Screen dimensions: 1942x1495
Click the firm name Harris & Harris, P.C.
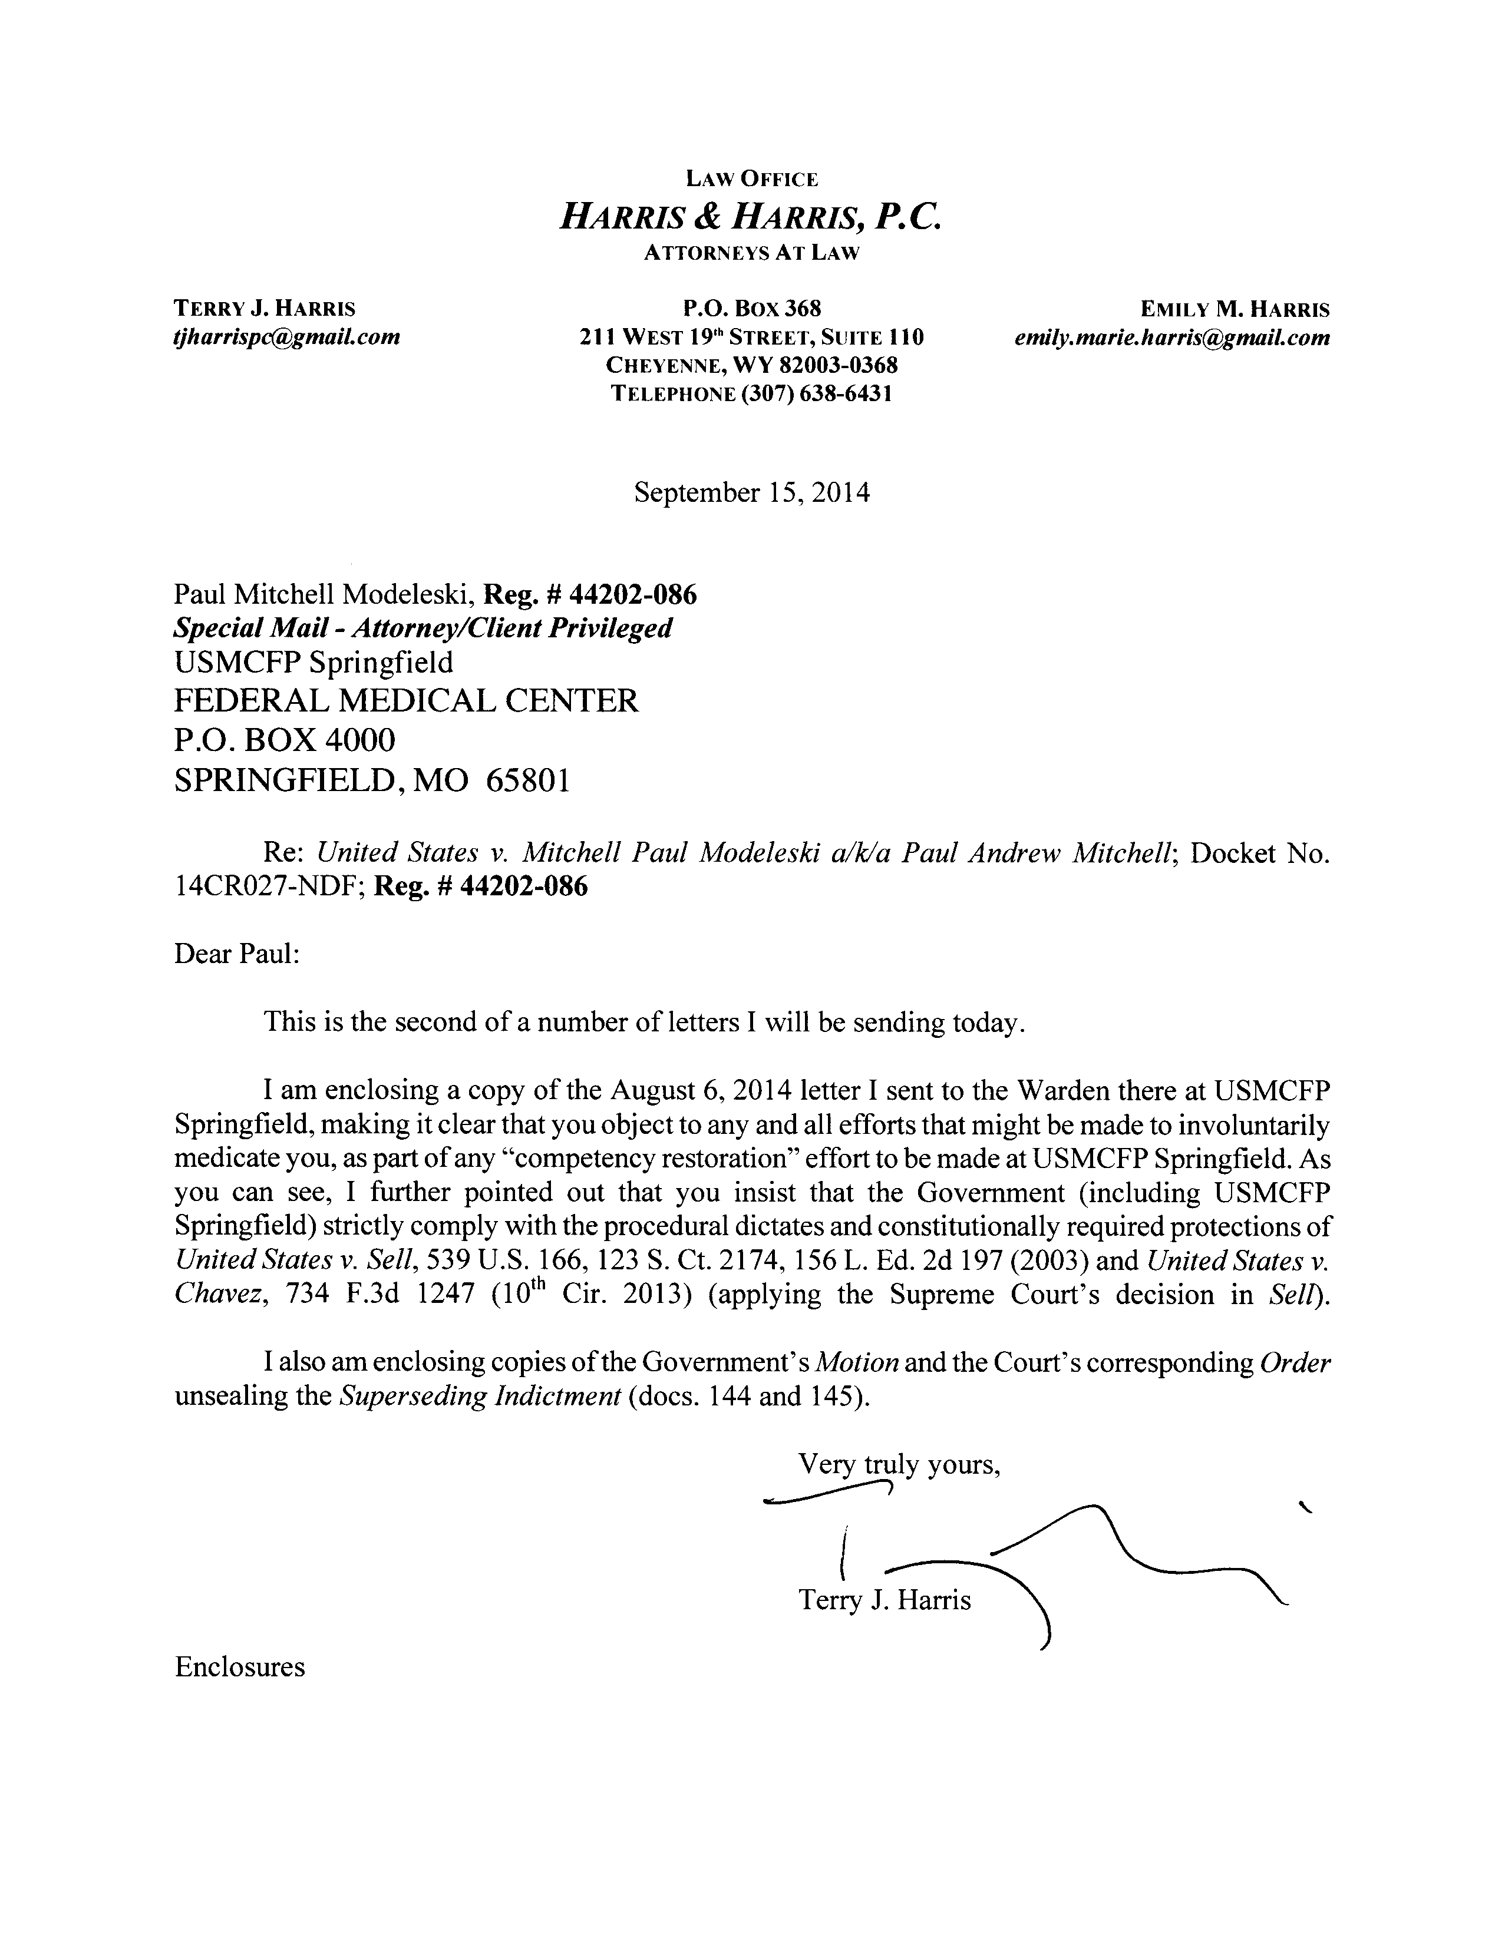click(x=750, y=216)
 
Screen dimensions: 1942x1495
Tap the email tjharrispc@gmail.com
click(x=286, y=337)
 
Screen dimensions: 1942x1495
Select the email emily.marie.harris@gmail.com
click(x=1172, y=337)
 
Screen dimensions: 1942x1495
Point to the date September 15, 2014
click(x=751, y=492)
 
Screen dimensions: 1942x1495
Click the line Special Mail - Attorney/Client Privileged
click(x=423, y=628)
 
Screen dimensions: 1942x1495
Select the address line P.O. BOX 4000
click(x=285, y=739)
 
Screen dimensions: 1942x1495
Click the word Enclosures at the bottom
click(x=240, y=1666)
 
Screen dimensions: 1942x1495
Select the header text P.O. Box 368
click(x=751, y=309)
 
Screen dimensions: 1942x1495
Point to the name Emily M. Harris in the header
click(x=1235, y=309)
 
